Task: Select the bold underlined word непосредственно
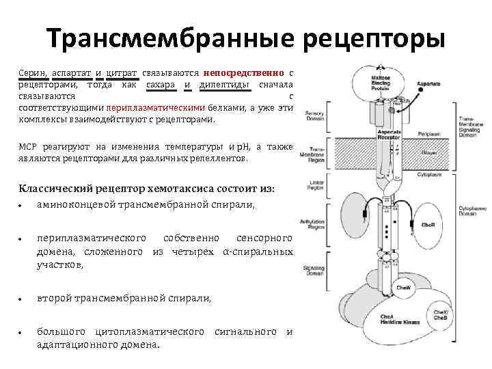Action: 243,72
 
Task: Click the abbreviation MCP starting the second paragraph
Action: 26,147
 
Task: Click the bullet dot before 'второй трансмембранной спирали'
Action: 23,299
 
